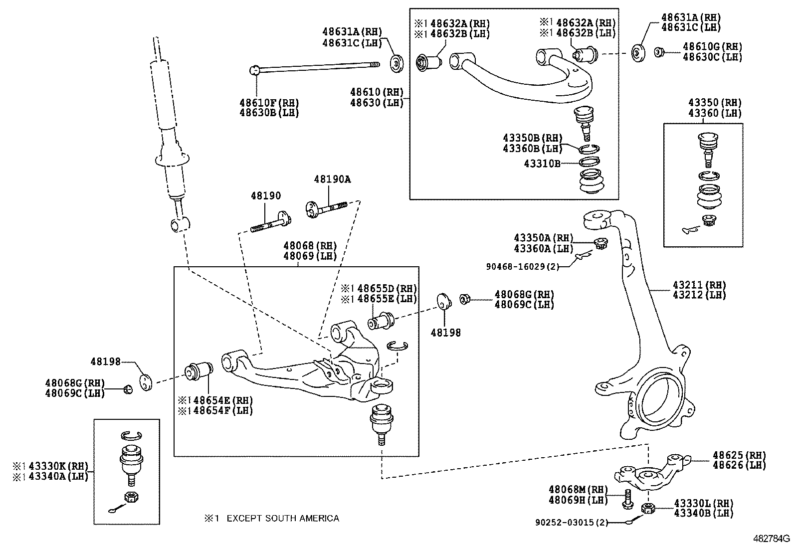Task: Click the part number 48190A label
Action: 332,179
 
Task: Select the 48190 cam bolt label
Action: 266,196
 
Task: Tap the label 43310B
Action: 542,163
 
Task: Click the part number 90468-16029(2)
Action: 522,266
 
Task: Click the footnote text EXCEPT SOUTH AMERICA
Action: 282,518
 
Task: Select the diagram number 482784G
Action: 772,539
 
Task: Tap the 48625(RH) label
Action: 739,455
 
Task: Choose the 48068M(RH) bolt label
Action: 578,490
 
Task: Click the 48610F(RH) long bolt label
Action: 269,103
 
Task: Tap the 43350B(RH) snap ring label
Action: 532,138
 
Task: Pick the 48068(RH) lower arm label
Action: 310,245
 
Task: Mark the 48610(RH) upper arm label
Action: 376,92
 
